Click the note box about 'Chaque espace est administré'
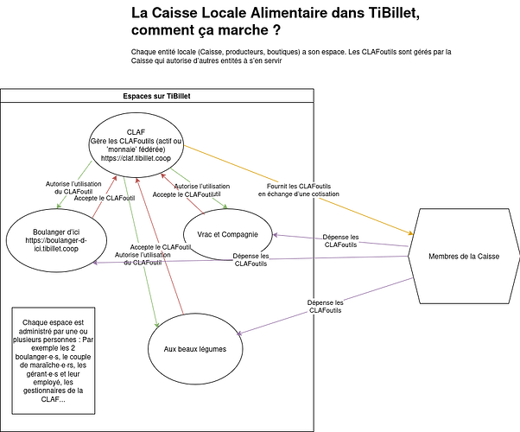point(54,360)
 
